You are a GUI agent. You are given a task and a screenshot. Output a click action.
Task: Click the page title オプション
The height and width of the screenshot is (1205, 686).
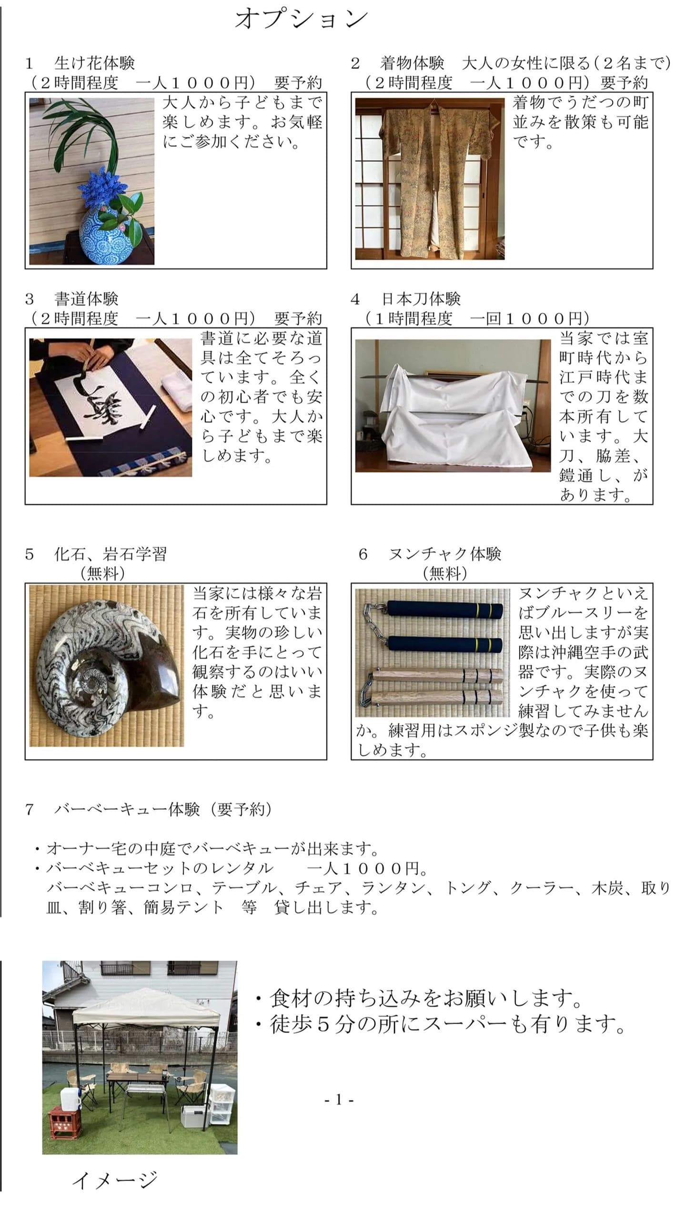point(302,20)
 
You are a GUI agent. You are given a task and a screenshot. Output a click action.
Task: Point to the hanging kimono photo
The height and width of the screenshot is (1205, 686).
point(430,179)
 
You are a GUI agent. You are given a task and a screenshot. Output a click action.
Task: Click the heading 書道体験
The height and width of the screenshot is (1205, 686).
point(86,299)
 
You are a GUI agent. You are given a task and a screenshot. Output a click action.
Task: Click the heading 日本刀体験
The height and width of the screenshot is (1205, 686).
point(421,299)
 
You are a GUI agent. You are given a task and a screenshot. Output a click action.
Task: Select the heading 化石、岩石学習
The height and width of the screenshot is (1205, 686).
point(111,554)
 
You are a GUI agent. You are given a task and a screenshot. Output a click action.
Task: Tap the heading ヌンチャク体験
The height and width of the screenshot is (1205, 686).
point(445,554)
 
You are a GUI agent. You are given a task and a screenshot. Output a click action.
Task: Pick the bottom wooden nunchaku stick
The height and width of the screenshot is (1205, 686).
point(437,698)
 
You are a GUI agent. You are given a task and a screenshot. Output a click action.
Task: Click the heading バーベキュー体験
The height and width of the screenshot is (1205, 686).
point(127,809)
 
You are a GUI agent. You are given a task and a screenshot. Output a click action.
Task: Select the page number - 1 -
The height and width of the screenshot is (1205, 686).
point(339,1100)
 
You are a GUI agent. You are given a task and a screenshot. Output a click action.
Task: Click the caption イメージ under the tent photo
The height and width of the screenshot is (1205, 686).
point(114,1180)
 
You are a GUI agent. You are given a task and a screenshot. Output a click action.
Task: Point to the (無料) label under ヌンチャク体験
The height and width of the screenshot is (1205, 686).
point(445,573)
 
